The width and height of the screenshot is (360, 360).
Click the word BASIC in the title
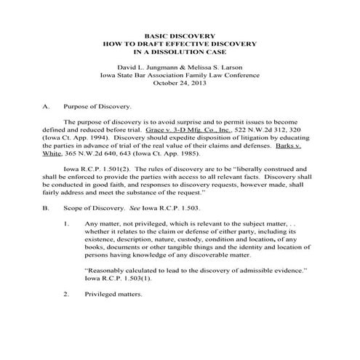(x=154, y=35)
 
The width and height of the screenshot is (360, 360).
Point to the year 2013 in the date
(x=199, y=83)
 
